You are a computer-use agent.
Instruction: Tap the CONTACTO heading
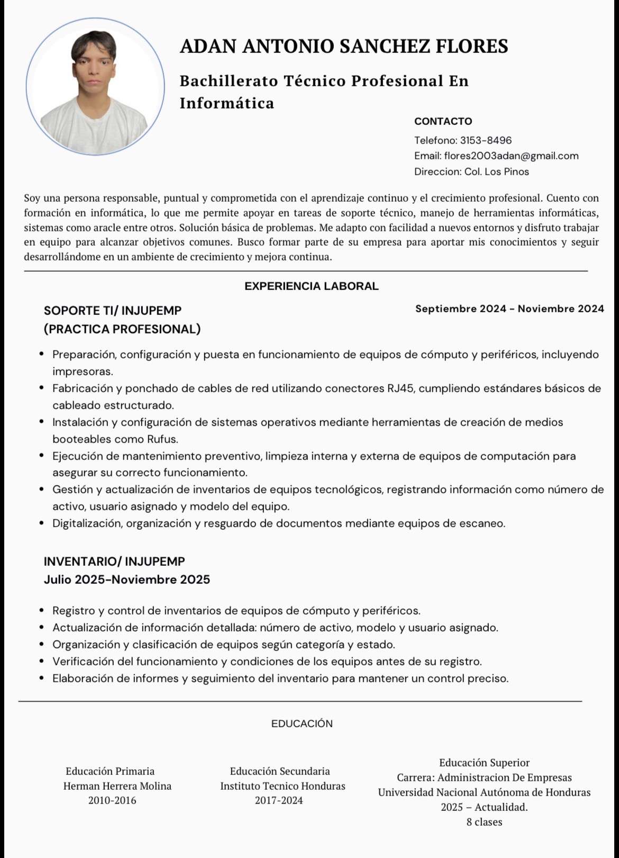pos(443,122)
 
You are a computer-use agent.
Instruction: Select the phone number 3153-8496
pos(486,141)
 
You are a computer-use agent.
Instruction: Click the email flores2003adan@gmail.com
pos(511,156)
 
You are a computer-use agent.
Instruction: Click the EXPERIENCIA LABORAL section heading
pos(311,287)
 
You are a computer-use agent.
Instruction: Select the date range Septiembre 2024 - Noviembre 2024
pos(509,309)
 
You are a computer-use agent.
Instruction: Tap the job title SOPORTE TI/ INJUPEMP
pos(112,311)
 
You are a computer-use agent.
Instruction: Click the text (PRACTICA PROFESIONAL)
pos(122,329)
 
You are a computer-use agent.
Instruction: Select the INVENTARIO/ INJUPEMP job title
pos(114,561)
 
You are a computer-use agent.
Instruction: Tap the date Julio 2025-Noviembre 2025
pos(126,580)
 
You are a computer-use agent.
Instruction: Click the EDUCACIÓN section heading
pos(302,724)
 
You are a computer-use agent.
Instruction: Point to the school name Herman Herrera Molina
pos(117,786)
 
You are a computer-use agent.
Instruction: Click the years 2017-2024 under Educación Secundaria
pos(279,801)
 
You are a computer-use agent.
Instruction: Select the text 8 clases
pos(484,823)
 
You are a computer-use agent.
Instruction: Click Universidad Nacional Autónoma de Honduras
pos(484,793)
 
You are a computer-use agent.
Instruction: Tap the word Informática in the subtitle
pos(227,103)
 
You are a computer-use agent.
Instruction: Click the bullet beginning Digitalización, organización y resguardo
pos(278,524)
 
